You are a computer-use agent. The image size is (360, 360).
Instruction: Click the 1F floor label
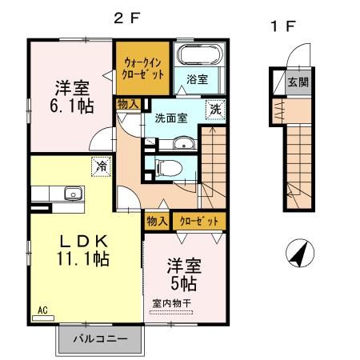pyautogui.click(x=283, y=26)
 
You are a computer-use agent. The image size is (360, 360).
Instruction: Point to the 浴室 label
pyautogui.click(x=198, y=80)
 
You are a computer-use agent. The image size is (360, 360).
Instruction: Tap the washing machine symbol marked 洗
pyautogui.click(x=215, y=111)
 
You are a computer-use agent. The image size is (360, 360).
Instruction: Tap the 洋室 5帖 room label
pyautogui.click(x=183, y=274)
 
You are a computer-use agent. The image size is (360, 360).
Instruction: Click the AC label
pyautogui.click(x=42, y=307)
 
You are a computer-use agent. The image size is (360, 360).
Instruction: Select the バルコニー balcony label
pyautogui.click(x=101, y=338)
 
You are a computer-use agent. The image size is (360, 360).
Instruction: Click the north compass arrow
pyautogui.click(x=298, y=256)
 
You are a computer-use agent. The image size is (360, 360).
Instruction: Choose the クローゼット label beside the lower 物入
pyautogui.click(x=196, y=221)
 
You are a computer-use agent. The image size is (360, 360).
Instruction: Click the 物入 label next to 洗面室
pyautogui.click(x=128, y=104)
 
